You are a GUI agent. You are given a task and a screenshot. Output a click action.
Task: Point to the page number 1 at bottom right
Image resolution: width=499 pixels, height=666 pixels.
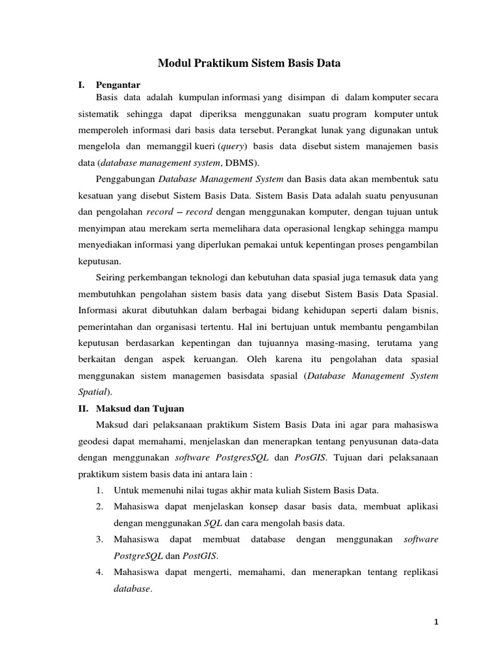tap(437, 622)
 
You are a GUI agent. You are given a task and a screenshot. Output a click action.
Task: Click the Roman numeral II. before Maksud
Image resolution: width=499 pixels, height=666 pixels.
tap(83, 408)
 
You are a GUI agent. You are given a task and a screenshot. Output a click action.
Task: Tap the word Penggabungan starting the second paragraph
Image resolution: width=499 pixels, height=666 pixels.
tap(125, 179)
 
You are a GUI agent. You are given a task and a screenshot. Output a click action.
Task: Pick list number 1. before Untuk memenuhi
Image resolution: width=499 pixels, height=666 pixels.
tap(100, 490)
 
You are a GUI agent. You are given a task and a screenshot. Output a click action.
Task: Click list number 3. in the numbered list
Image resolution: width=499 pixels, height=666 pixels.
tap(100, 539)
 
